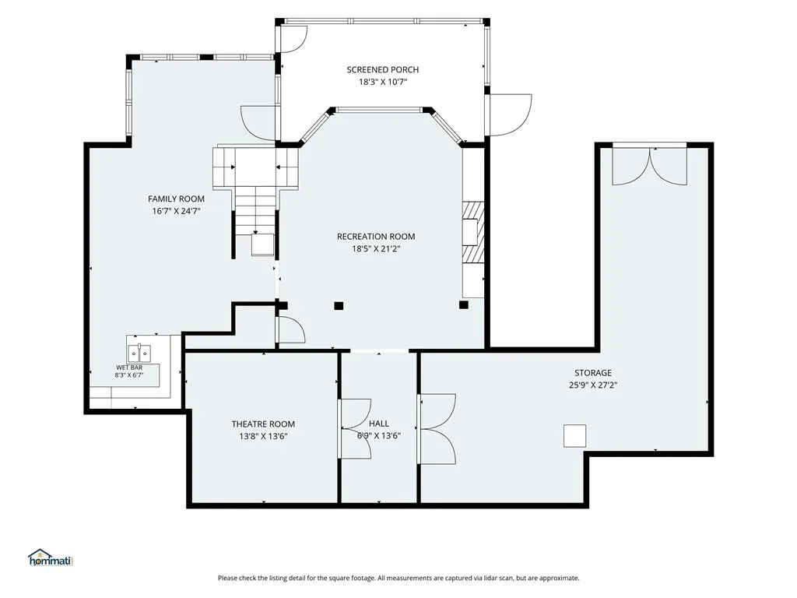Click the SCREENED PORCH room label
coord(383,69)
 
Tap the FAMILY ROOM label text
coord(177,199)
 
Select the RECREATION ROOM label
coord(376,237)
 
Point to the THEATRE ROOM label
coord(263,424)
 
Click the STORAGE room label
coord(593,373)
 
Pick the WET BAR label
coord(129,368)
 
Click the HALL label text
coord(379,424)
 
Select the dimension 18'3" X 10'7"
coord(383,82)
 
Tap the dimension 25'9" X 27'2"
coord(593,385)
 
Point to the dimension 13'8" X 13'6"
coord(263,436)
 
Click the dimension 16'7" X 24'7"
coord(177,211)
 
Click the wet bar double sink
coord(139,351)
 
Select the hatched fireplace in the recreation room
coord(472,233)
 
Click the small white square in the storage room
coord(575,436)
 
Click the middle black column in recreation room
coord(339,305)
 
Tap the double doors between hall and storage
coord(437,429)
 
